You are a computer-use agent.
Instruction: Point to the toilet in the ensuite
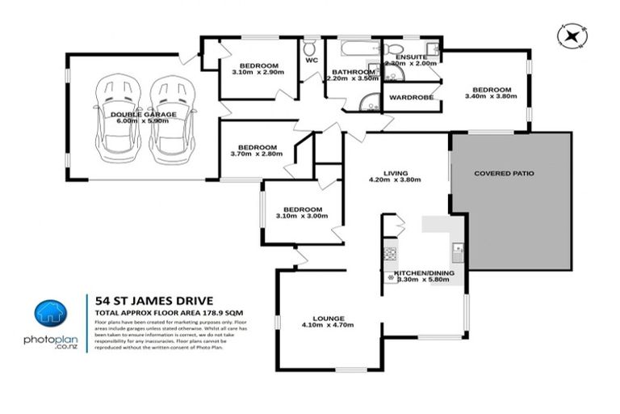393,47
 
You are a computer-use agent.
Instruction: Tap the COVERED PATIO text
504,173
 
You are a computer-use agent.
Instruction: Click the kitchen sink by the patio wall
458,248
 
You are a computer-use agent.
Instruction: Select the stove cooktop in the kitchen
390,252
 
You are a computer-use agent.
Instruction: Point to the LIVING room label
396,173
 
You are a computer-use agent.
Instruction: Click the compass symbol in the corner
572,36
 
